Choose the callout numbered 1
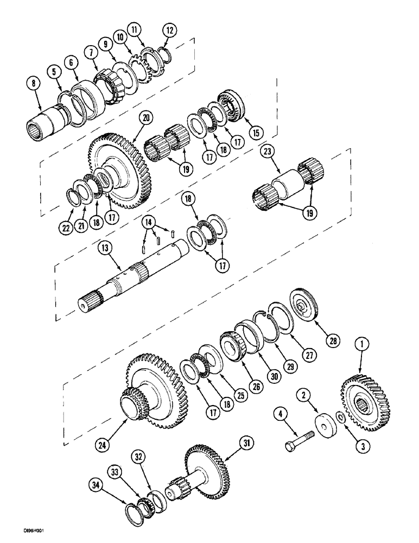coord(361,343)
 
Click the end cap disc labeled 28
coord(303,304)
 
